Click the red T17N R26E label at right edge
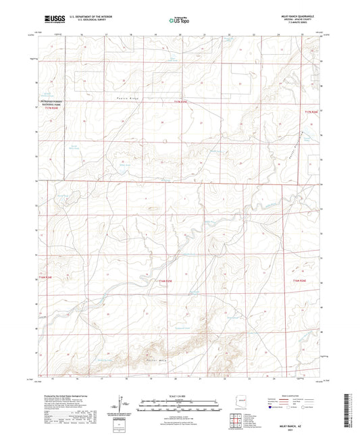point(310,111)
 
